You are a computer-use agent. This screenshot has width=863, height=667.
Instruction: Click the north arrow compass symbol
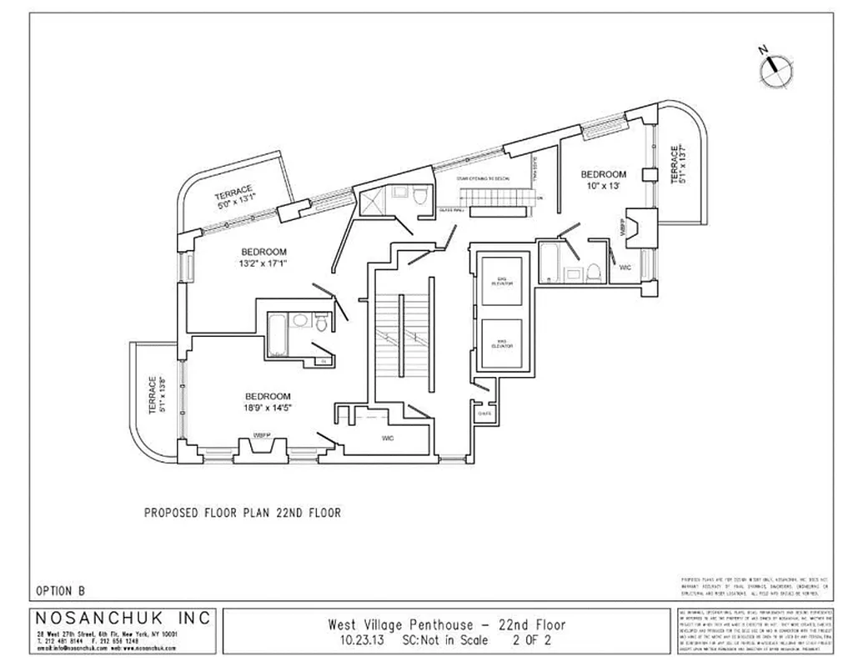[776, 68]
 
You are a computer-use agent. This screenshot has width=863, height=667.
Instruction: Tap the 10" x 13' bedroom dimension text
[603, 187]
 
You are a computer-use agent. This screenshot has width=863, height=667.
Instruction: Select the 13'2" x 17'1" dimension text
[264, 266]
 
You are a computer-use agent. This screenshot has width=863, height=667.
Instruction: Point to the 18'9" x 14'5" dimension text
[268, 409]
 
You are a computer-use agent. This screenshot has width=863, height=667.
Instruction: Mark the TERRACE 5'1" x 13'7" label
[679, 166]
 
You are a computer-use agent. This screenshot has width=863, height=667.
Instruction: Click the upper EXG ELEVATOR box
[502, 281]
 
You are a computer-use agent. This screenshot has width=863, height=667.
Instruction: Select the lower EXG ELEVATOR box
[502, 344]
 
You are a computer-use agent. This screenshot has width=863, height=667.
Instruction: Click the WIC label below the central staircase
[388, 437]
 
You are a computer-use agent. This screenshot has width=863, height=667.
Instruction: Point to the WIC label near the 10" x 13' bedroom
[625, 268]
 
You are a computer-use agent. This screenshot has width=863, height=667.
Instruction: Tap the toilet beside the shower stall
[420, 196]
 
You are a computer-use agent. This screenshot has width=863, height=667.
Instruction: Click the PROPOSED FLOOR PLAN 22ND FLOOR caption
[243, 513]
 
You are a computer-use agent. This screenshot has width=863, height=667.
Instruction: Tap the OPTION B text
[61, 590]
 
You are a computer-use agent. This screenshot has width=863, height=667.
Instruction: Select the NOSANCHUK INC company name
[124, 619]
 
